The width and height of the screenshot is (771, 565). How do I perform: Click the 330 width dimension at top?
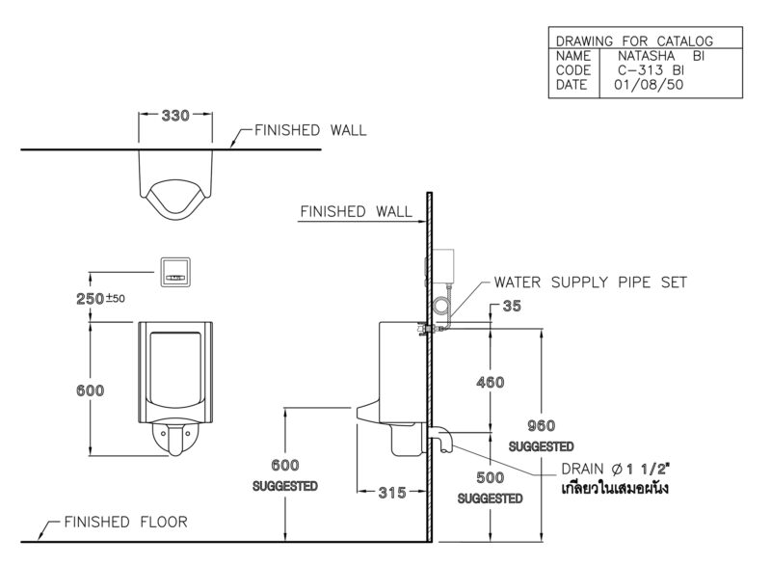coord(175,116)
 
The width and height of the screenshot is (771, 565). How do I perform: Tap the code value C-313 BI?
coord(651,70)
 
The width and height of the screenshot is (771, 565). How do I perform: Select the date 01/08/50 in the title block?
coord(649,85)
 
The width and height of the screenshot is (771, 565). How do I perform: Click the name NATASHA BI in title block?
coord(661,56)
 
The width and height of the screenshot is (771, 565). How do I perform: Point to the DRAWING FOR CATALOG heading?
coord(634,40)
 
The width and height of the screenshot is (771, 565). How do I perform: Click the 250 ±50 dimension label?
coord(100,299)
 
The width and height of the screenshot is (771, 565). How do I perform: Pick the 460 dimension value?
coord(491,382)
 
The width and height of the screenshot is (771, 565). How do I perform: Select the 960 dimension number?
coord(541,425)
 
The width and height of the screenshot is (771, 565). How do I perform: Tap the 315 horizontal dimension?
coord(392,493)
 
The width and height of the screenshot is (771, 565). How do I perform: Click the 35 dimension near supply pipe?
coord(512,306)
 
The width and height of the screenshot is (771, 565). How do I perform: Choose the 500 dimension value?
coord(491,477)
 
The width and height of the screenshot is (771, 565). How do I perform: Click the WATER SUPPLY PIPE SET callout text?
coord(590,282)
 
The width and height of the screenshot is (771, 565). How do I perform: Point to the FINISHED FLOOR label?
coord(126,522)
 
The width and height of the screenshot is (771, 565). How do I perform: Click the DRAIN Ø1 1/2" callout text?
coord(615,470)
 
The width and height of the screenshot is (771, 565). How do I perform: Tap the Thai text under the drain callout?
coord(615,488)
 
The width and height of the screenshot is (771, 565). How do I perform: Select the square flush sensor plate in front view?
coord(175,272)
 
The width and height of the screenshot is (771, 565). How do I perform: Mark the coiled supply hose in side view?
coord(441,308)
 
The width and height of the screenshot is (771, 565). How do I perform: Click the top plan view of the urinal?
coord(175,185)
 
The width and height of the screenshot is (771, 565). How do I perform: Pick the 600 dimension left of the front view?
coord(90,390)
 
